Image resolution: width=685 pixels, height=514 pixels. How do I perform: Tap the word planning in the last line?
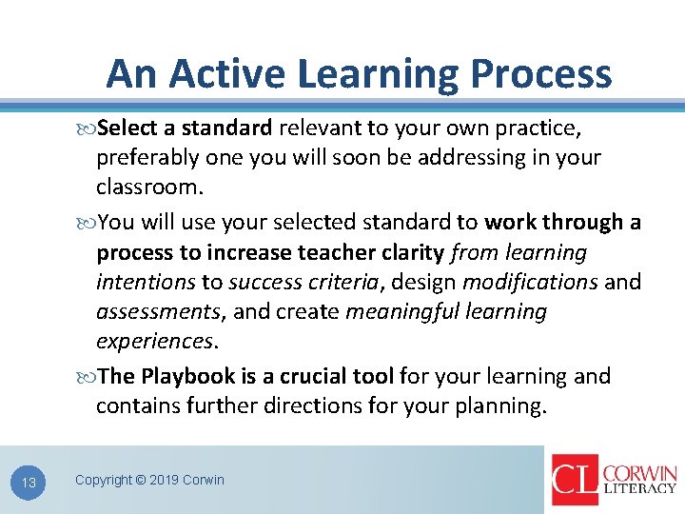coord(499,406)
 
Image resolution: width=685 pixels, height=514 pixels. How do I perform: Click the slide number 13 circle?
coord(29,483)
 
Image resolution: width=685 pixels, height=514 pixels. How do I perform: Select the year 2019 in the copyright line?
coord(164,480)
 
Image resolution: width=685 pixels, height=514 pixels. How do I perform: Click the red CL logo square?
coord(575,480)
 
